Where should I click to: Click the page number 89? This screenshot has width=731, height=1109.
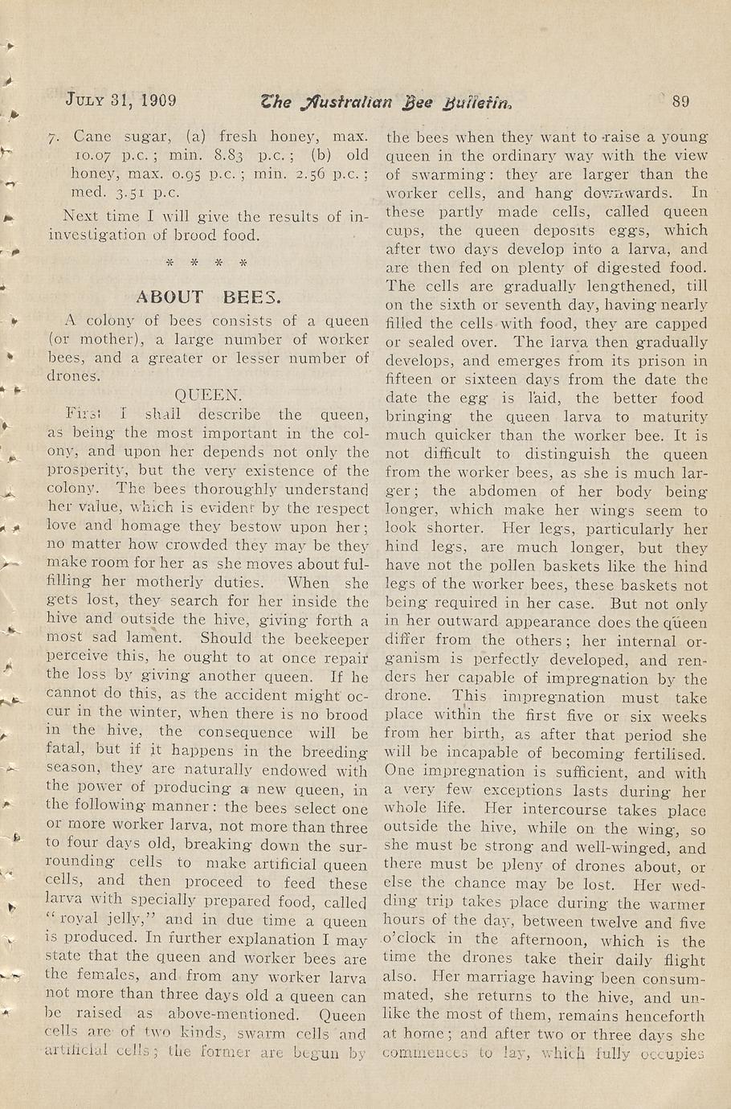tap(680, 101)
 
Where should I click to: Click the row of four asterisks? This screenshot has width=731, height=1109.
tap(206, 263)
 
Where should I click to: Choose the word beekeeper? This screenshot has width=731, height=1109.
tap(329, 639)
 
